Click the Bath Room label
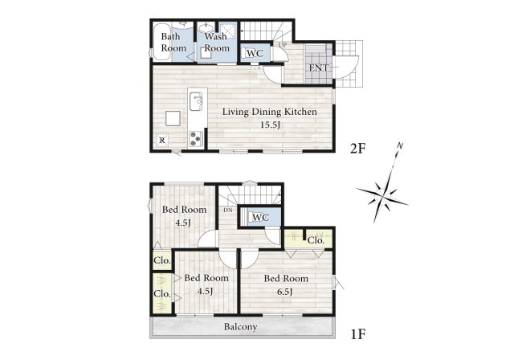(173, 43)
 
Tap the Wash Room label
(216, 43)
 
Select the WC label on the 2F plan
(255, 53)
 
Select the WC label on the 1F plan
(260, 217)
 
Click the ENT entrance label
(319, 67)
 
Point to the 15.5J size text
(271, 125)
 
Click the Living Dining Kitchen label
(270, 112)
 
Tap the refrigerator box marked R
(162, 141)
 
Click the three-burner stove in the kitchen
(196, 139)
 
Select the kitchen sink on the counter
(196, 101)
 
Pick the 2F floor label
(357, 149)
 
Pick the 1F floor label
(358, 334)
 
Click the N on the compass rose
(400, 145)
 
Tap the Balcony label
(240, 327)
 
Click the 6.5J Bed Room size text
(285, 292)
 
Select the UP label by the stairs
(283, 44)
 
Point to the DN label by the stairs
(228, 210)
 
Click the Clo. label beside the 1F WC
(316, 240)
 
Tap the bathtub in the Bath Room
(161, 42)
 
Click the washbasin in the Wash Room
(206, 28)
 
